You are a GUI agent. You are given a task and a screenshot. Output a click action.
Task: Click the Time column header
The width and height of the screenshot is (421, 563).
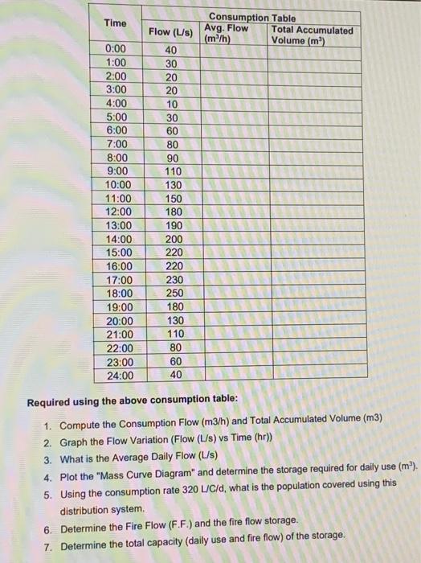[x=116, y=23]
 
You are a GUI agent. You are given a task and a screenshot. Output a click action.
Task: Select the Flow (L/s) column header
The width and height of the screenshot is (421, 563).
[x=171, y=32]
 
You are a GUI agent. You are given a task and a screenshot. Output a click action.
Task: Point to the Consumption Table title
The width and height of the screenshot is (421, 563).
[x=252, y=18]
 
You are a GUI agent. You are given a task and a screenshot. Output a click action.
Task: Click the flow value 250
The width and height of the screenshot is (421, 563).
[x=174, y=293]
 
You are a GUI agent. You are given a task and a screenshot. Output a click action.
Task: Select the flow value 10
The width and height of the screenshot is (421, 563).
[x=171, y=104]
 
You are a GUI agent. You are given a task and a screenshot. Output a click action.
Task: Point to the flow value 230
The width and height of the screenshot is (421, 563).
[x=174, y=279]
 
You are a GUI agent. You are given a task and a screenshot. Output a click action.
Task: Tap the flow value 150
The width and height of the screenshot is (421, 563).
[x=174, y=198]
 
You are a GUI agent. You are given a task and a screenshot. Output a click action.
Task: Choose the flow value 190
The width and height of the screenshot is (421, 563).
[x=174, y=225]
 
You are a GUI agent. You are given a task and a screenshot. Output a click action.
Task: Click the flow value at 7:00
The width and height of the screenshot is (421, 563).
[x=172, y=144]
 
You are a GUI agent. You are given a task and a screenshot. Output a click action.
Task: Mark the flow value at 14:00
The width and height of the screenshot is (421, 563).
[x=174, y=239]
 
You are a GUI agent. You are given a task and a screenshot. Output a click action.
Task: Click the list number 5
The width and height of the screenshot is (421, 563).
[x=48, y=483]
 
